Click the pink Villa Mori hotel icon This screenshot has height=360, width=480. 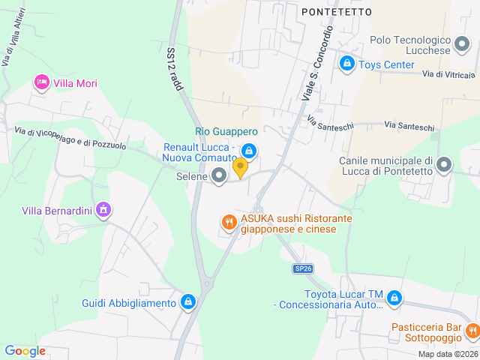pyautogui.click(x=42, y=82)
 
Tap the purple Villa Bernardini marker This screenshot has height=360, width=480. pyautogui.click(x=103, y=210)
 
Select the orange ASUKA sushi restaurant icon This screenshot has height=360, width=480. pyautogui.click(x=229, y=222)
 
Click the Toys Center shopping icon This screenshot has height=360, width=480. pyautogui.click(x=346, y=64)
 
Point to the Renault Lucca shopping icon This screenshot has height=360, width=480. pyautogui.click(x=250, y=152)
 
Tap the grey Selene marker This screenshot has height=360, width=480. pyautogui.click(x=219, y=175)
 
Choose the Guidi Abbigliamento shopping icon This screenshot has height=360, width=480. pyautogui.click(x=188, y=303)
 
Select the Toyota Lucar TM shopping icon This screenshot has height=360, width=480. pyautogui.click(x=394, y=298)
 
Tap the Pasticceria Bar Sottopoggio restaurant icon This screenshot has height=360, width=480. pyautogui.click(x=472, y=330)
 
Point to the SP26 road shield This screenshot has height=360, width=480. pyautogui.click(x=302, y=268)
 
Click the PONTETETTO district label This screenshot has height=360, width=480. pyautogui.click(x=337, y=12)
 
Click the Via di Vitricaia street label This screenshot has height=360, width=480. pyautogui.click(x=448, y=74)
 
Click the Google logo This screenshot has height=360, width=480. pyautogui.click(x=25, y=351)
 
